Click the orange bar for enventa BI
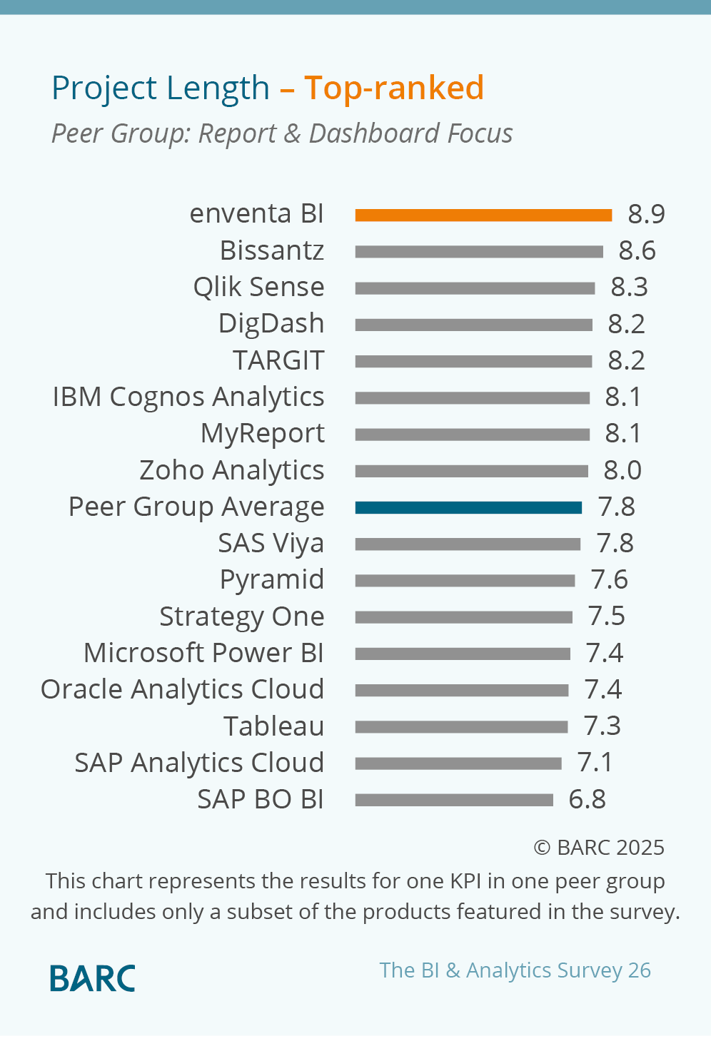[x=483, y=215]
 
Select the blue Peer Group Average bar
[x=468, y=507]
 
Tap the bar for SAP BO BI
[x=454, y=800]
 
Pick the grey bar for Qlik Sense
[x=475, y=288]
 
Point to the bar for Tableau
[x=461, y=727]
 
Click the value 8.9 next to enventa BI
[x=646, y=214]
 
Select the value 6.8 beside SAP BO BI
[x=587, y=799]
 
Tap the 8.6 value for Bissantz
[x=637, y=250]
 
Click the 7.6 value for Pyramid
[x=609, y=579]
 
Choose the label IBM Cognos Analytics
[x=188, y=397]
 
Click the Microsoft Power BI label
[x=203, y=653]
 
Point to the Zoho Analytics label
[x=231, y=470]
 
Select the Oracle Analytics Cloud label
[x=182, y=689]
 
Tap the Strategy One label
[x=241, y=616]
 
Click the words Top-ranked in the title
[x=394, y=88]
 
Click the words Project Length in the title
[x=161, y=88]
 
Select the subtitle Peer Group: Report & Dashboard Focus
[x=282, y=133]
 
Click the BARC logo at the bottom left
[x=93, y=978]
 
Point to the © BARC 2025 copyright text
[x=599, y=847]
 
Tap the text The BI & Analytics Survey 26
[x=515, y=970]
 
